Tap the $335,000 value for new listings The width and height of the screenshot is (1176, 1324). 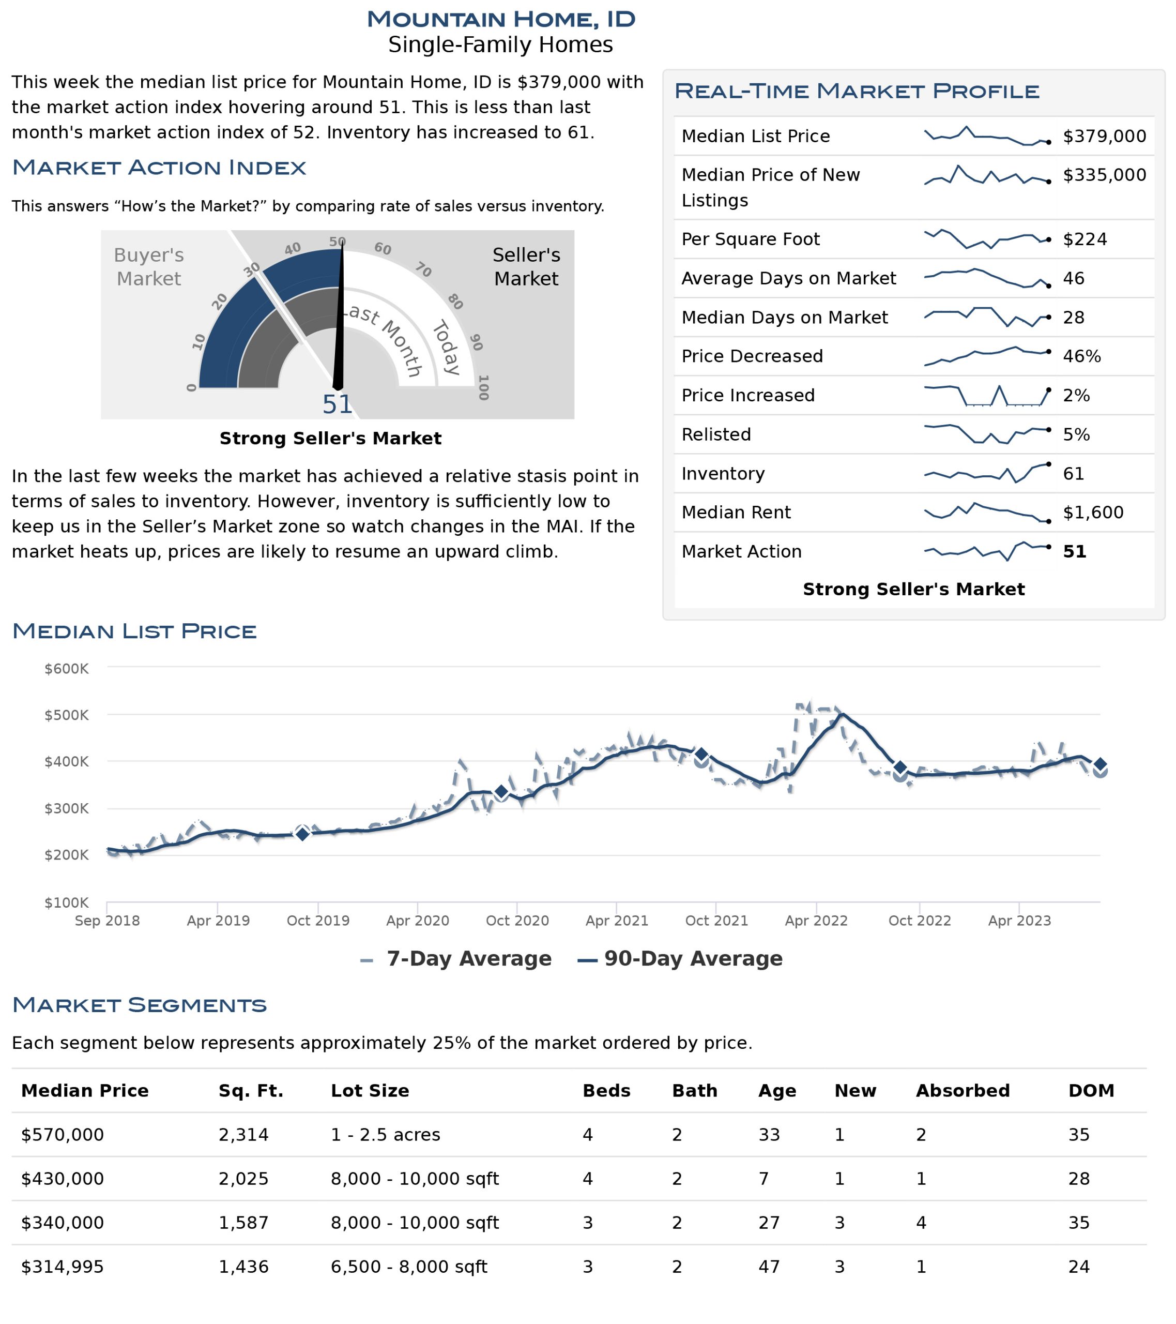pos(1104,175)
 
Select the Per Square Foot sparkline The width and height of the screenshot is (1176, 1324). pos(987,239)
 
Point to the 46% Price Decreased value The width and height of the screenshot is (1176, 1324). pos(1081,356)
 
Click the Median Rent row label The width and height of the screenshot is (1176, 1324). pos(736,513)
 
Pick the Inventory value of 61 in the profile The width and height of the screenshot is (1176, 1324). pos(1073,474)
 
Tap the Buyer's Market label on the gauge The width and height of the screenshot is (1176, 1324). pos(149,267)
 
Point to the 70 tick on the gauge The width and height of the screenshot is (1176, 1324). pos(423,269)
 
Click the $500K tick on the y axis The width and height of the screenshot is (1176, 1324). pos(67,715)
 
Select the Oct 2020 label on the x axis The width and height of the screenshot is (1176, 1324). pos(517,921)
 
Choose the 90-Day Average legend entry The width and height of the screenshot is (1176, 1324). pos(680,959)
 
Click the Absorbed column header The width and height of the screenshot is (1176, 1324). pos(963,1091)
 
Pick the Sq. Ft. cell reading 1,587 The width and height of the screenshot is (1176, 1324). pos(243,1223)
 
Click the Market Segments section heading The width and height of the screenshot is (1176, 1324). pos(139,1005)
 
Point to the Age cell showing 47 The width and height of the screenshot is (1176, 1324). pos(769,1267)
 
